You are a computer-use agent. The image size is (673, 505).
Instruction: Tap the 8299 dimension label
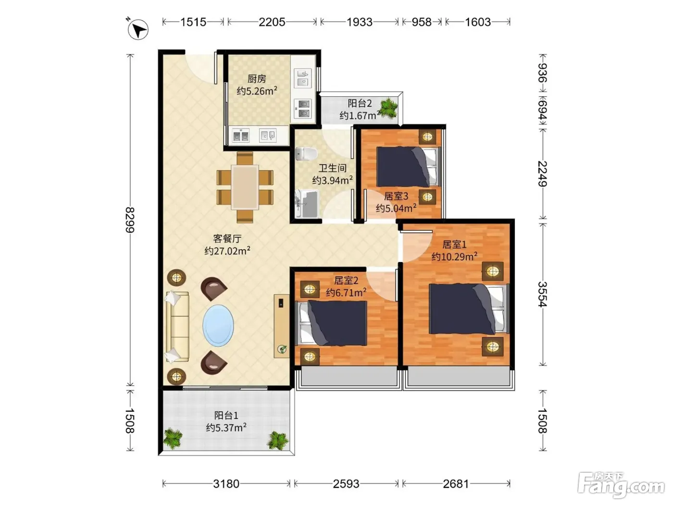coord(130,220)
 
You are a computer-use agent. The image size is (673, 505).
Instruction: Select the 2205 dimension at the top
coord(272,22)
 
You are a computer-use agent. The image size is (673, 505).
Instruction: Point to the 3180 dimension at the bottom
coord(226,483)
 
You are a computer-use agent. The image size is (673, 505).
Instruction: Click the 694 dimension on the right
coord(543,109)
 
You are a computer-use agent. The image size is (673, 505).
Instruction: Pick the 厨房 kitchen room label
coord(257,79)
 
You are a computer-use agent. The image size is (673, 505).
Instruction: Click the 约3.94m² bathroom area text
coord(332,180)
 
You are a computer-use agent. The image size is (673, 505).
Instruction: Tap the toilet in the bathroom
coord(306,153)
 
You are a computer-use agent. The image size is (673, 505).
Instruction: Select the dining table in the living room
coord(245,187)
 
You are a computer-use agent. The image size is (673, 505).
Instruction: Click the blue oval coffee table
coord(218,325)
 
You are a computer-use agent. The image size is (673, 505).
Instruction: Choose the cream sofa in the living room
coord(177,327)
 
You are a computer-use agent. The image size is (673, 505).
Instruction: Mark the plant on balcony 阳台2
coord(389,108)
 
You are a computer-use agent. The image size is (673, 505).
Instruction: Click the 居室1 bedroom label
coord(454,244)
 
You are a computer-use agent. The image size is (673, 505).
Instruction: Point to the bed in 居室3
coord(408,167)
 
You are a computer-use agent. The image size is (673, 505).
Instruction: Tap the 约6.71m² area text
coord(346,292)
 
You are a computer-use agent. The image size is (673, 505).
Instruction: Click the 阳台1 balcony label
coord(226,416)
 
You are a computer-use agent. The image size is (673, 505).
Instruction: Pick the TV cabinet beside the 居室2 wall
coord(282,326)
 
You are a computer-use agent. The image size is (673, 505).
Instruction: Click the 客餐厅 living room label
coord(227,239)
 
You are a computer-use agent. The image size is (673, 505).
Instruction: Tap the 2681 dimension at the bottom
coord(456,483)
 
